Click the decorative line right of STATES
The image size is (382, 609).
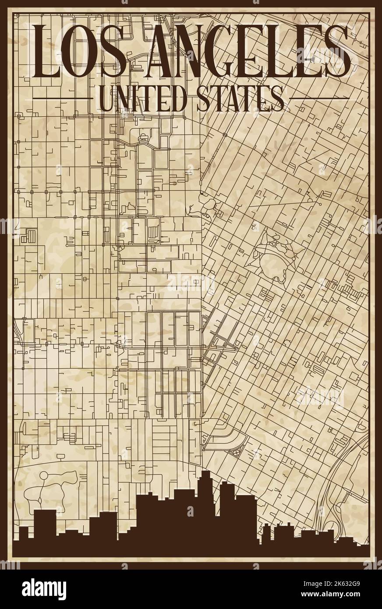point(319,97)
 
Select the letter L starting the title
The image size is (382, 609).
point(46,51)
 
